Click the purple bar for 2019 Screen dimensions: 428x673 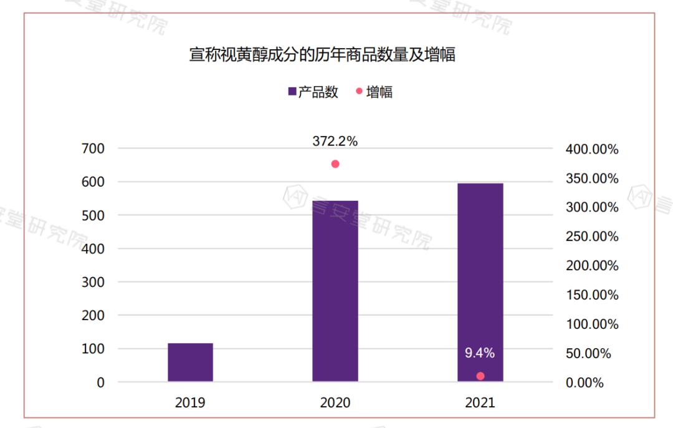[x=190, y=362]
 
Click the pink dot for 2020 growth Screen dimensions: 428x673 [x=335, y=164]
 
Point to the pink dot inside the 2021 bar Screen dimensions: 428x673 [x=480, y=376]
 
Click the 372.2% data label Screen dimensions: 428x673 [x=335, y=142]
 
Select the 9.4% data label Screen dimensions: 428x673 [x=480, y=353]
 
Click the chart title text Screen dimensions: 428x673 [x=322, y=55]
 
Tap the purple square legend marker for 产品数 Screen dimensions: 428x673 [x=292, y=92]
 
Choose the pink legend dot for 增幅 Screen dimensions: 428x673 [x=359, y=92]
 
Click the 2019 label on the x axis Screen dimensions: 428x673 [x=190, y=402]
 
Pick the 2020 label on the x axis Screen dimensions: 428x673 [x=335, y=402]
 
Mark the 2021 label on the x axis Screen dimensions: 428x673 [x=480, y=402]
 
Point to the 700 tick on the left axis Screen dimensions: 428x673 [x=92, y=148]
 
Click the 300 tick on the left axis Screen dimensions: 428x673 [x=92, y=282]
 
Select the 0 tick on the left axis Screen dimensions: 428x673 [x=100, y=382]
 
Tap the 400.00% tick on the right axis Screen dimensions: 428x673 [x=591, y=150]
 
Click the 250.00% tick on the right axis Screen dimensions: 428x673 [x=591, y=237]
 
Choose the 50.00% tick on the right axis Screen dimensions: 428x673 [x=588, y=354]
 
